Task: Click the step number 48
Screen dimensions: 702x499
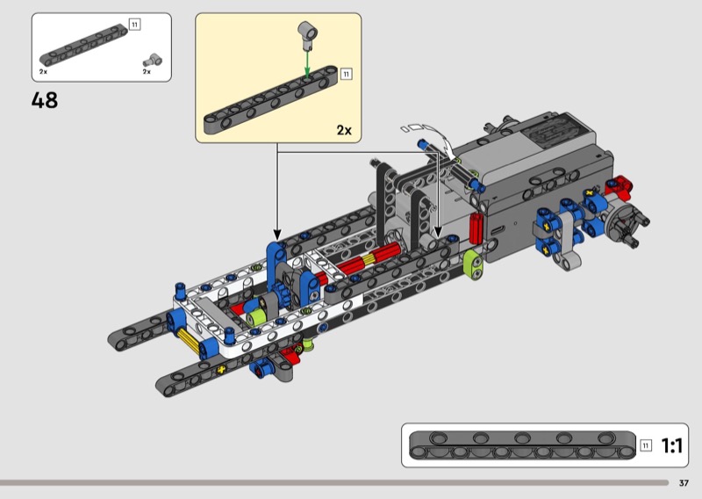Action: pos(45,100)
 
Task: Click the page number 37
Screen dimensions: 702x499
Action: pos(684,483)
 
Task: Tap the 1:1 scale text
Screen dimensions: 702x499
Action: pos(671,445)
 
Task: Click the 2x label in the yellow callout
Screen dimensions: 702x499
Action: pos(344,130)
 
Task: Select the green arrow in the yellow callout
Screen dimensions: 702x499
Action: pos(307,63)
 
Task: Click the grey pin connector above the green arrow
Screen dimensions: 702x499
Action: pos(308,34)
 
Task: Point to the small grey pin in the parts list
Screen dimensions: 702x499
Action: pos(153,61)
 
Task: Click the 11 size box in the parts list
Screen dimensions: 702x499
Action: pos(135,25)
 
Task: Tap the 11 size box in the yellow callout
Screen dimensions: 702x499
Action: pos(346,74)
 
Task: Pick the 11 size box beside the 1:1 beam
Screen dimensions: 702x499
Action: pos(646,445)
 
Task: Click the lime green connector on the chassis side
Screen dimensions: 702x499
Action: pos(473,264)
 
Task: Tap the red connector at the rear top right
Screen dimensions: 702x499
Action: pos(620,186)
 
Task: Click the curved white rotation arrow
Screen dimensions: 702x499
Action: pos(436,137)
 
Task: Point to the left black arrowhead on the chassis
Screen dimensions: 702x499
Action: pos(277,235)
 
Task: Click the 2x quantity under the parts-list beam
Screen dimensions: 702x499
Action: pos(43,72)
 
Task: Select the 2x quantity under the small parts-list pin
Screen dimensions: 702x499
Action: pos(147,72)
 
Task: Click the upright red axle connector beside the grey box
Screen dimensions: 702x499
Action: pos(476,228)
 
